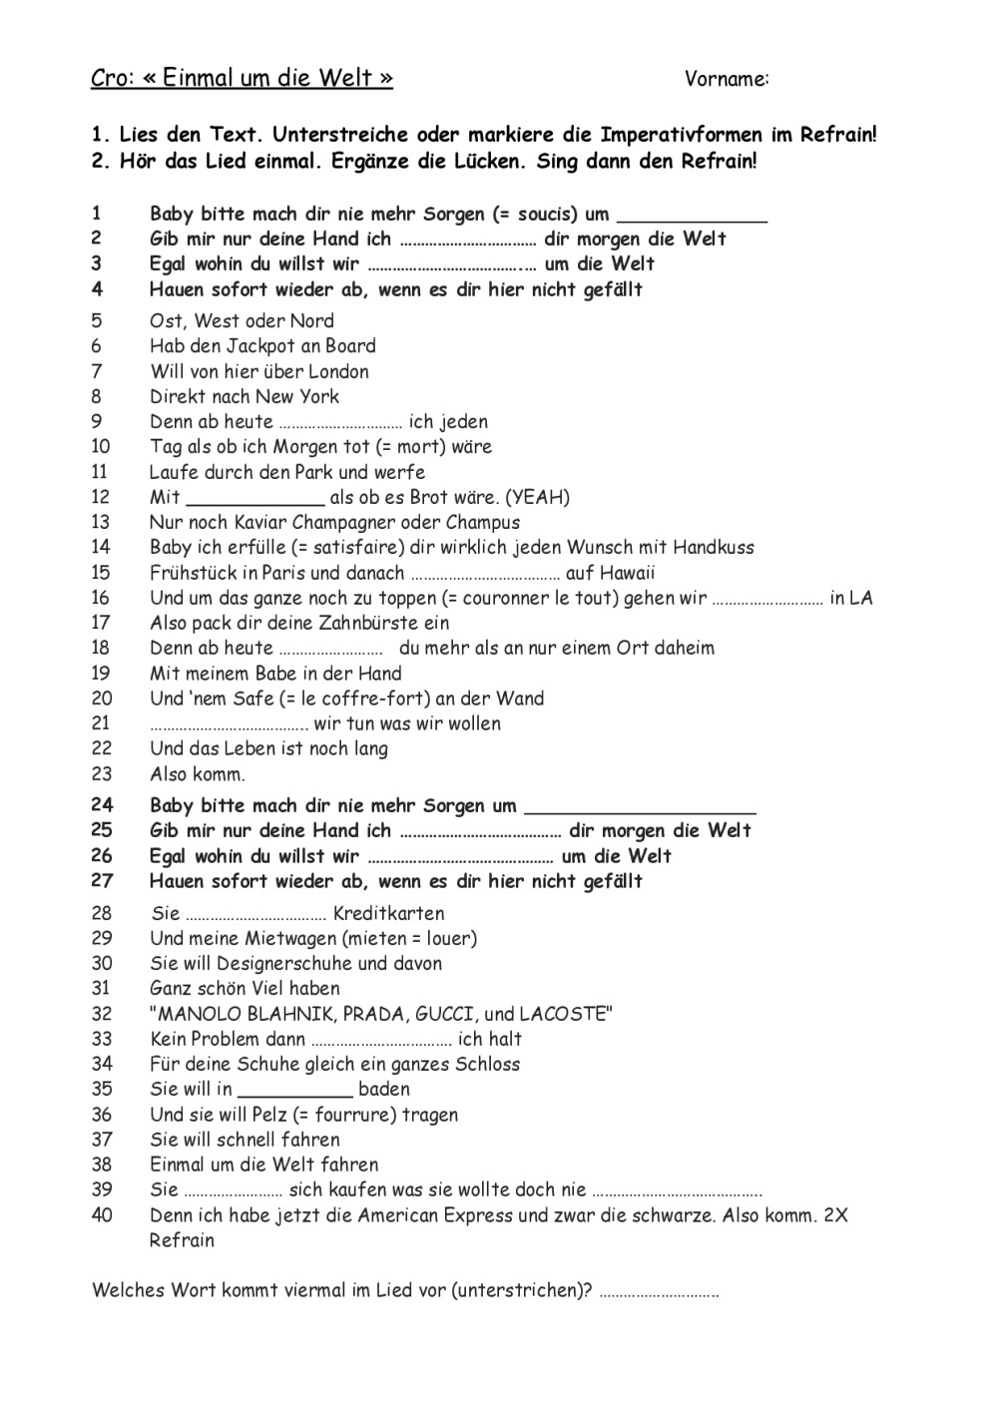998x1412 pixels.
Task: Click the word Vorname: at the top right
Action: tap(727, 79)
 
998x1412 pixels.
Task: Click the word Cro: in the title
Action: tap(112, 78)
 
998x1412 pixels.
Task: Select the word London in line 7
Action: tap(338, 371)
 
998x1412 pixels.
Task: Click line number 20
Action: tap(102, 699)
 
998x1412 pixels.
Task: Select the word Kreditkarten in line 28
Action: tap(388, 913)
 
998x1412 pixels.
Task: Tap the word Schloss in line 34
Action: tap(488, 1064)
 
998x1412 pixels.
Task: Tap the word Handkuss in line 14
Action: tap(714, 547)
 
